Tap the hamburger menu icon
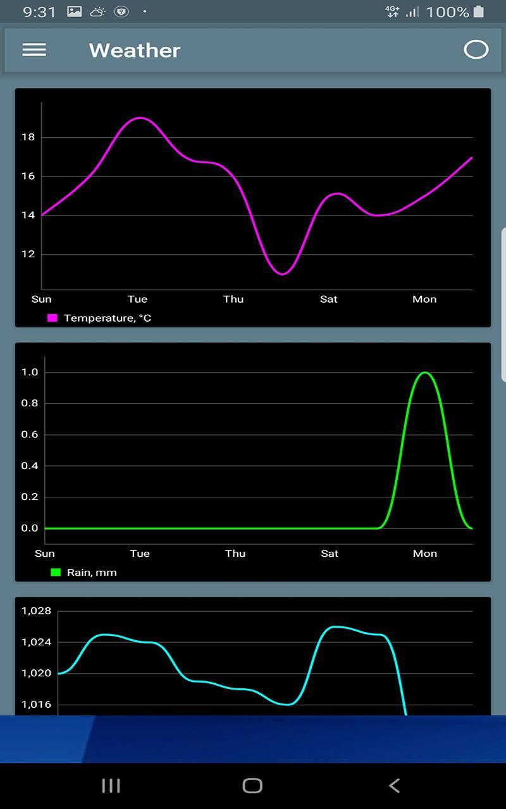(x=34, y=50)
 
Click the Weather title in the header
(x=135, y=51)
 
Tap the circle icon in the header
(x=476, y=50)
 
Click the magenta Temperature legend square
(x=52, y=318)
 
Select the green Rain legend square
(x=56, y=573)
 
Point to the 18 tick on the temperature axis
(x=28, y=137)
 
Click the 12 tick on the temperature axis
(x=28, y=255)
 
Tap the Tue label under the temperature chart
(x=137, y=299)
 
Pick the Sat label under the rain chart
(x=330, y=554)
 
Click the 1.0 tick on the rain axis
(x=30, y=372)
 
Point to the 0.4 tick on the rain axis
(x=30, y=466)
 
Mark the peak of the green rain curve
(x=424, y=372)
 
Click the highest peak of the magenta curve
(x=139, y=118)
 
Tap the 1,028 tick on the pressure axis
(x=36, y=611)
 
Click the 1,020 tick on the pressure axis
(x=36, y=673)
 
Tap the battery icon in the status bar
(x=479, y=11)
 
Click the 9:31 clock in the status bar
(x=39, y=12)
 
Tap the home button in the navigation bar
(x=252, y=786)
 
